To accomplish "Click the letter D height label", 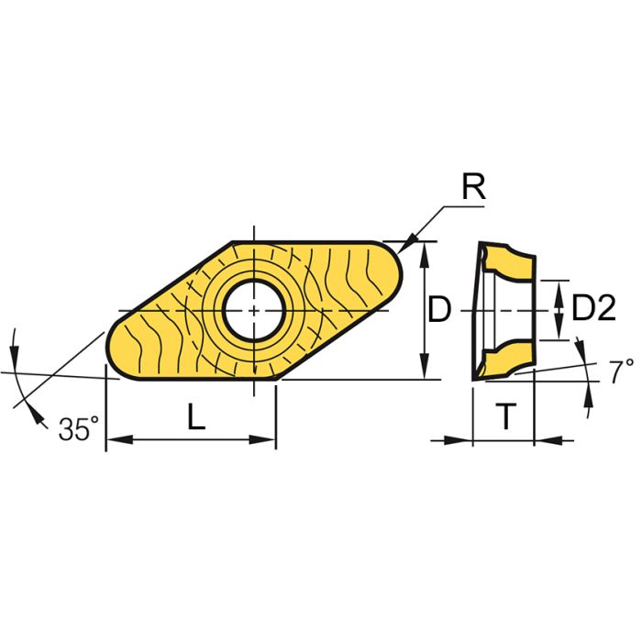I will (x=440, y=311).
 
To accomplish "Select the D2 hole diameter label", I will (x=592, y=310).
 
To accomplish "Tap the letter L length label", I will (x=195, y=418).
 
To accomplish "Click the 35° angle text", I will (x=79, y=428).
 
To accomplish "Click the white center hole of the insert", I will (x=253, y=310).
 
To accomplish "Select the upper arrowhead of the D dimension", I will (x=424, y=251).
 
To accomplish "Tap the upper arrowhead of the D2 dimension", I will (x=560, y=288).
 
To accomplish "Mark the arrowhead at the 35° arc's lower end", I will (x=38, y=418).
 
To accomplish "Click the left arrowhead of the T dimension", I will (x=464, y=440).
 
